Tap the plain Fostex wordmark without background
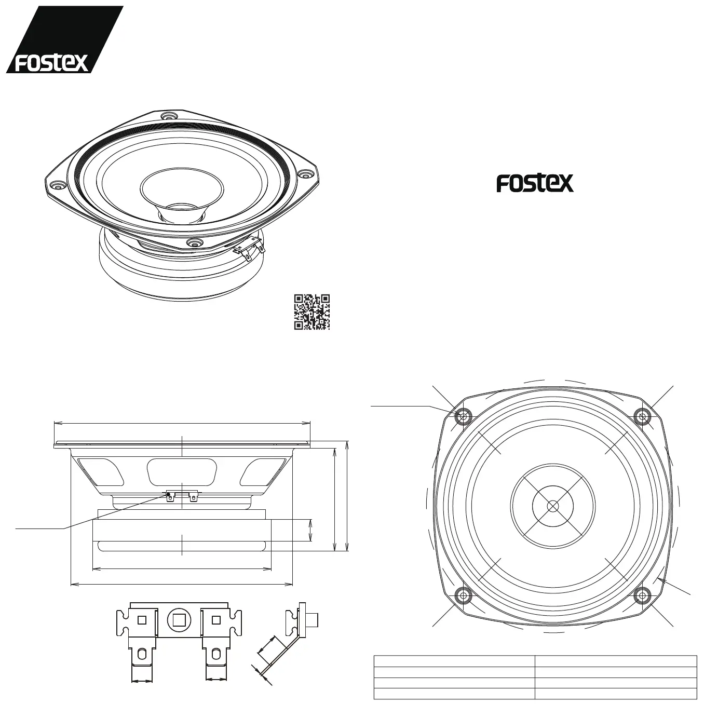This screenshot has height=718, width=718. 535,183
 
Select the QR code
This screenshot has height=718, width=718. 312,312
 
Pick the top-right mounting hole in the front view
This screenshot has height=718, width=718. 643,416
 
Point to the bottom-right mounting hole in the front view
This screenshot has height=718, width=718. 643,595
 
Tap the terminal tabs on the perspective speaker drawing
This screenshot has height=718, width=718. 252,247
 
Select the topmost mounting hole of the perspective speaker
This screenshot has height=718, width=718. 168,116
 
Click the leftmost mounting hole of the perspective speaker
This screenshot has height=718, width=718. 57,185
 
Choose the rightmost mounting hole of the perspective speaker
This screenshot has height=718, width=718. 306,175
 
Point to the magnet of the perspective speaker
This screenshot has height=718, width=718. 182,275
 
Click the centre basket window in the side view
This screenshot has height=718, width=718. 182,471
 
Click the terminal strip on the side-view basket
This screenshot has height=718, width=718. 182,495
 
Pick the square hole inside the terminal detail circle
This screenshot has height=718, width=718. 180,619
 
